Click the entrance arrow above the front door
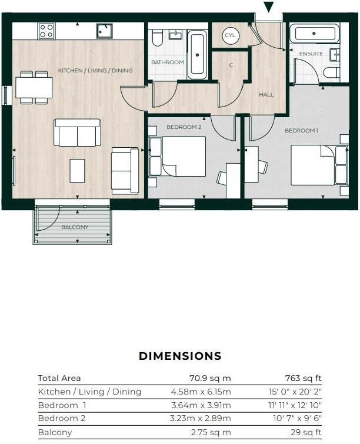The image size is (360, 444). coord(269,7)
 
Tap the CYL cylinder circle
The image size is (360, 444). coord(230,36)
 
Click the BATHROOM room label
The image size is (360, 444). coord(167,62)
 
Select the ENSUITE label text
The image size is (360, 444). coord(311,54)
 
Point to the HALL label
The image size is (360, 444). coord(266,94)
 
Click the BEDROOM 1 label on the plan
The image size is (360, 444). coord(301,130)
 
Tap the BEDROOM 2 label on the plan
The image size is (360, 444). coord(184,127)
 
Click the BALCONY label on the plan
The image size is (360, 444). coord(75,227)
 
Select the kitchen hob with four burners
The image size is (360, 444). coord(46,31)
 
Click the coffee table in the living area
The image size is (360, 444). coord(77,171)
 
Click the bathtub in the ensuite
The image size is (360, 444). coord(315,33)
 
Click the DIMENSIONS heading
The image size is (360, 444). coord(180,356)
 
